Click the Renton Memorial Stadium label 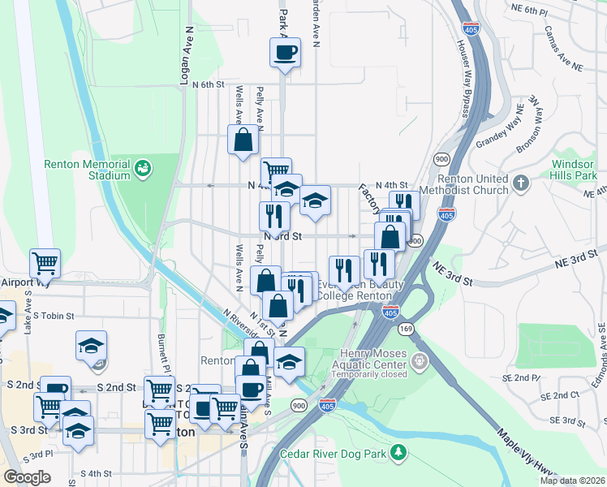[88, 170]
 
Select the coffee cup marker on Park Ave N [285, 54]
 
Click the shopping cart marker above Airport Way [45, 263]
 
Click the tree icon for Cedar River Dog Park [398, 451]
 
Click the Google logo [27, 477]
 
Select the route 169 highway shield [404, 329]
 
